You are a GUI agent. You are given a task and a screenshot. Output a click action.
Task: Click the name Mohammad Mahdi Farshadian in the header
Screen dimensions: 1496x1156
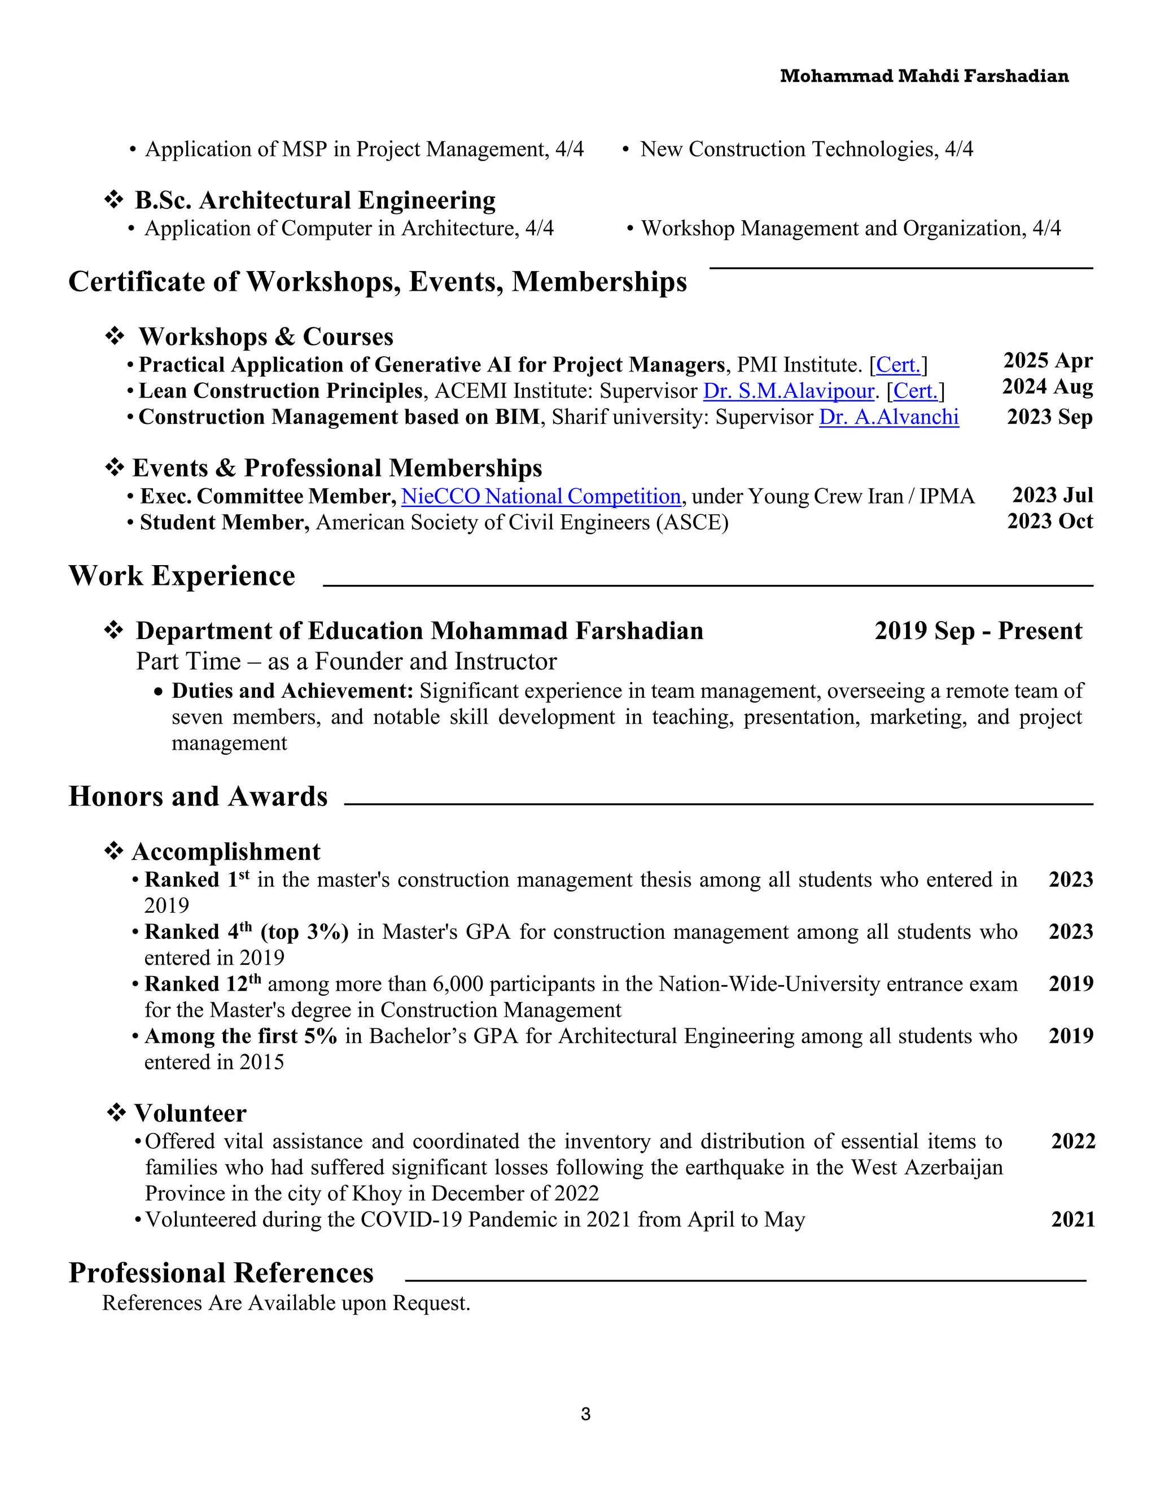click(x=924, y=76)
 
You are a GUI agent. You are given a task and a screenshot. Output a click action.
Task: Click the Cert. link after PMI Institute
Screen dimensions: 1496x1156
click(x=898, y=365)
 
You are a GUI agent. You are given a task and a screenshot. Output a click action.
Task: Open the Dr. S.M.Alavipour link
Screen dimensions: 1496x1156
click(x=789, y=391)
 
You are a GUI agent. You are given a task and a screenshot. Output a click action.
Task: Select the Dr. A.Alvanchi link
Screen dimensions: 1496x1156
click(x=888, y=417)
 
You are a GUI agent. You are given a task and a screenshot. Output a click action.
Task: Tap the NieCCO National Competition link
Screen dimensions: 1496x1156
click(x=540, y=496)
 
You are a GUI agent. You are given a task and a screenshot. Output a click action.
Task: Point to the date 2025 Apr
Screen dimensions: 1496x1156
click(x=1048, y=361)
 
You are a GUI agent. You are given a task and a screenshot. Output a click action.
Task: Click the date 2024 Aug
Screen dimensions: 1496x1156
click(x=1047, y=387)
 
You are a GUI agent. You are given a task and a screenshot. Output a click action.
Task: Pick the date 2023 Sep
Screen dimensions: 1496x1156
click(x=1049, y=417)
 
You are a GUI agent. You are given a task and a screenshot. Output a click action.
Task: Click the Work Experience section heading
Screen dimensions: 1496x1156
click(x=182, y=576)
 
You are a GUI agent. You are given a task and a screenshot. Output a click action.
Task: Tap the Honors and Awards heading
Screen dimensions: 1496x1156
click(x=198, y=797)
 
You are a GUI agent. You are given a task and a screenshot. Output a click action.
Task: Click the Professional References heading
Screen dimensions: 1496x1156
click(x=221, y=1272)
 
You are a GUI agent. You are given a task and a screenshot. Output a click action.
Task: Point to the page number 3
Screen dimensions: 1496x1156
click(x=585, y=1414)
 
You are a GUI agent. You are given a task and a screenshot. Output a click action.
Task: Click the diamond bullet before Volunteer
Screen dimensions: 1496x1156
click(x=116, y=1113)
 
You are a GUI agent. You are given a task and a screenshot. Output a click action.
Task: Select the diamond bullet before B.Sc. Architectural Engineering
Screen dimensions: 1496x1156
click(x=113, y=200)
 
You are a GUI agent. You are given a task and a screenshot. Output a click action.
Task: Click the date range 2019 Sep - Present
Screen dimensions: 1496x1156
click(x=978, y=631)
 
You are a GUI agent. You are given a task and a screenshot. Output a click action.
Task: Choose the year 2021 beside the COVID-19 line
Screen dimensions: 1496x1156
click(x=1072, y=1220)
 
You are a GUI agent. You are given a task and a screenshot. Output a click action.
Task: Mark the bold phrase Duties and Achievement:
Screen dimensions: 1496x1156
click(x=292, y=691)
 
